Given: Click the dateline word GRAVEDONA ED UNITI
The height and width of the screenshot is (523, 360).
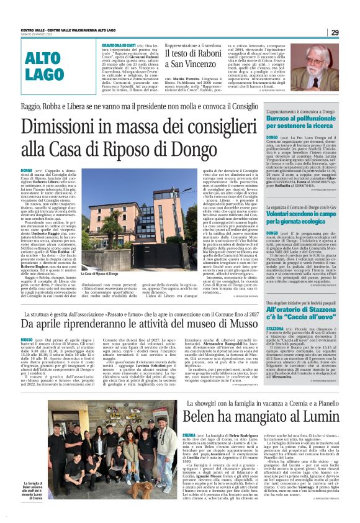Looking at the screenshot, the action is coord(118,46).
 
